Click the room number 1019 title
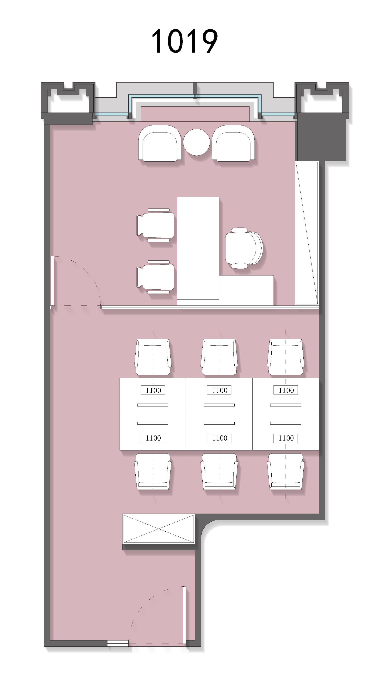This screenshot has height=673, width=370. click(x=185, y=41)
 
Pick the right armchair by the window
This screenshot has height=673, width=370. click(x=233, y=143)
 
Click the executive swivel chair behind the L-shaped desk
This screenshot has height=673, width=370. click(x=244, y=248)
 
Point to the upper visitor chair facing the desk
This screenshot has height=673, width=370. click(x=155, y=225)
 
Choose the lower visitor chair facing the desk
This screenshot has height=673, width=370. click(x=155, y=277)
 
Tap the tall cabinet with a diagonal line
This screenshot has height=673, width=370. click(x=307, y=233)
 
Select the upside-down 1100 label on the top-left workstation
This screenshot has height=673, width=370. click(x=153, y=390)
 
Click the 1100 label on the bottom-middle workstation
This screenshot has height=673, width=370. click(x=219, y=438)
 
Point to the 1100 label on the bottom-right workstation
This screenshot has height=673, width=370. click(x=285, y=438)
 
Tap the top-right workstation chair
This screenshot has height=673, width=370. click(x=285, y=357)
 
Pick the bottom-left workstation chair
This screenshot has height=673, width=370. click(x=153, y=472)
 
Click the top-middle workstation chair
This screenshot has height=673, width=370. click(x=219, y=357)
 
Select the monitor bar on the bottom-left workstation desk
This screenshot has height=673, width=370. click(x=153, y=423)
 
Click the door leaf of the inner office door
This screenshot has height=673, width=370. click(x=52, y=281)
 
